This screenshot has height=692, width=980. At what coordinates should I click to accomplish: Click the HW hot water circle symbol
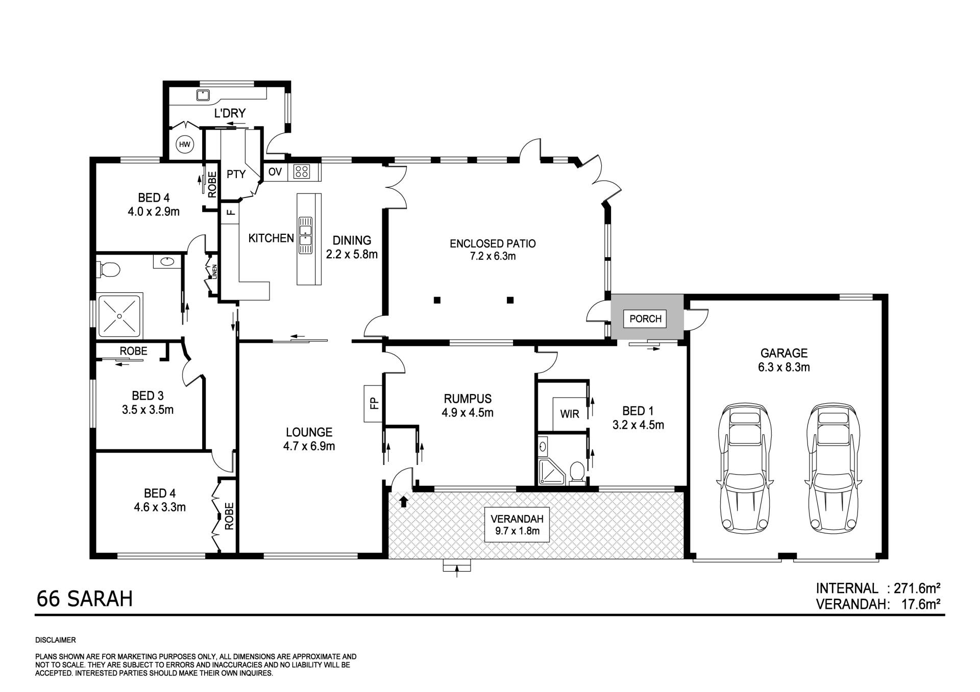pyautogui.click(x=184, y=145)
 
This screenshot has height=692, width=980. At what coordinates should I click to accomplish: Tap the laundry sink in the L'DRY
pyautogui.click(x=203, y=95)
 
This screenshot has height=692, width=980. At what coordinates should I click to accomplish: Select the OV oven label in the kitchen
pyautogui.click(x=275, y=172)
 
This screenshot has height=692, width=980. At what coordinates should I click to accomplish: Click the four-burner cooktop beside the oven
pyautogui.click(x=302, y=171)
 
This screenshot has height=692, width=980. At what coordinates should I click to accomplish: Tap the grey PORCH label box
pyautogui.click(x=645, y=319)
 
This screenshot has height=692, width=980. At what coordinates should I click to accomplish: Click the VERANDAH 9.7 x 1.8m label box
pyautogui.click(x=517, y=525)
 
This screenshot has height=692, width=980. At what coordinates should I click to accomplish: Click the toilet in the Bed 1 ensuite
pyautogui.click(x=576, y=471)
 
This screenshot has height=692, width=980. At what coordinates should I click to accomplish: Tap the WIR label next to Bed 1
pyautogui.click(x=570, y=414)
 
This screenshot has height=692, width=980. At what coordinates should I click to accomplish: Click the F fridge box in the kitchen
pyautogui.click(x=230, y=211)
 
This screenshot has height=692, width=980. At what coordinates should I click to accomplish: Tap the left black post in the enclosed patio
pyautogui.click(x=437, y=300)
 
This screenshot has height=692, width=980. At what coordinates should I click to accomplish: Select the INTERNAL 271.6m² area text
pyautogui.click(x=878, y=588)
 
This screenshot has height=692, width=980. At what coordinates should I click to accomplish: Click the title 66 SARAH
pyautogui.click(x=85, y=599)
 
